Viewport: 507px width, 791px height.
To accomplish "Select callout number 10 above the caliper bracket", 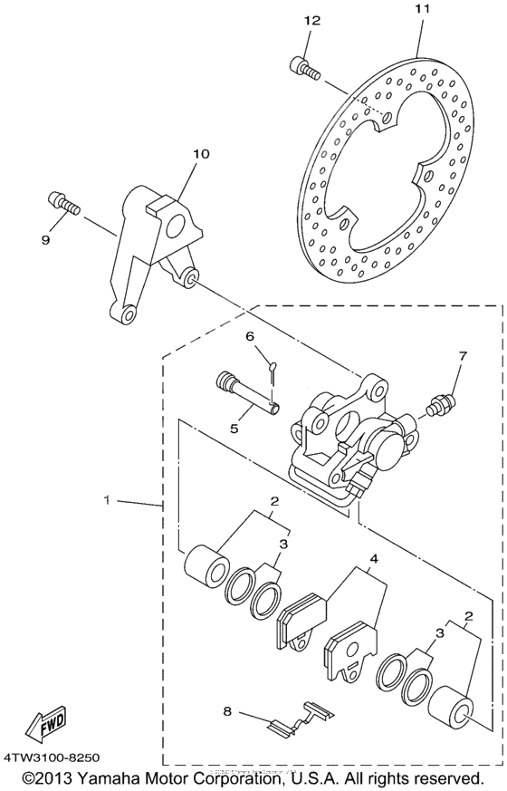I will (200, 154).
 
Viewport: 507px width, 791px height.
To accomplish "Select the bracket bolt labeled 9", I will (62, 202).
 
